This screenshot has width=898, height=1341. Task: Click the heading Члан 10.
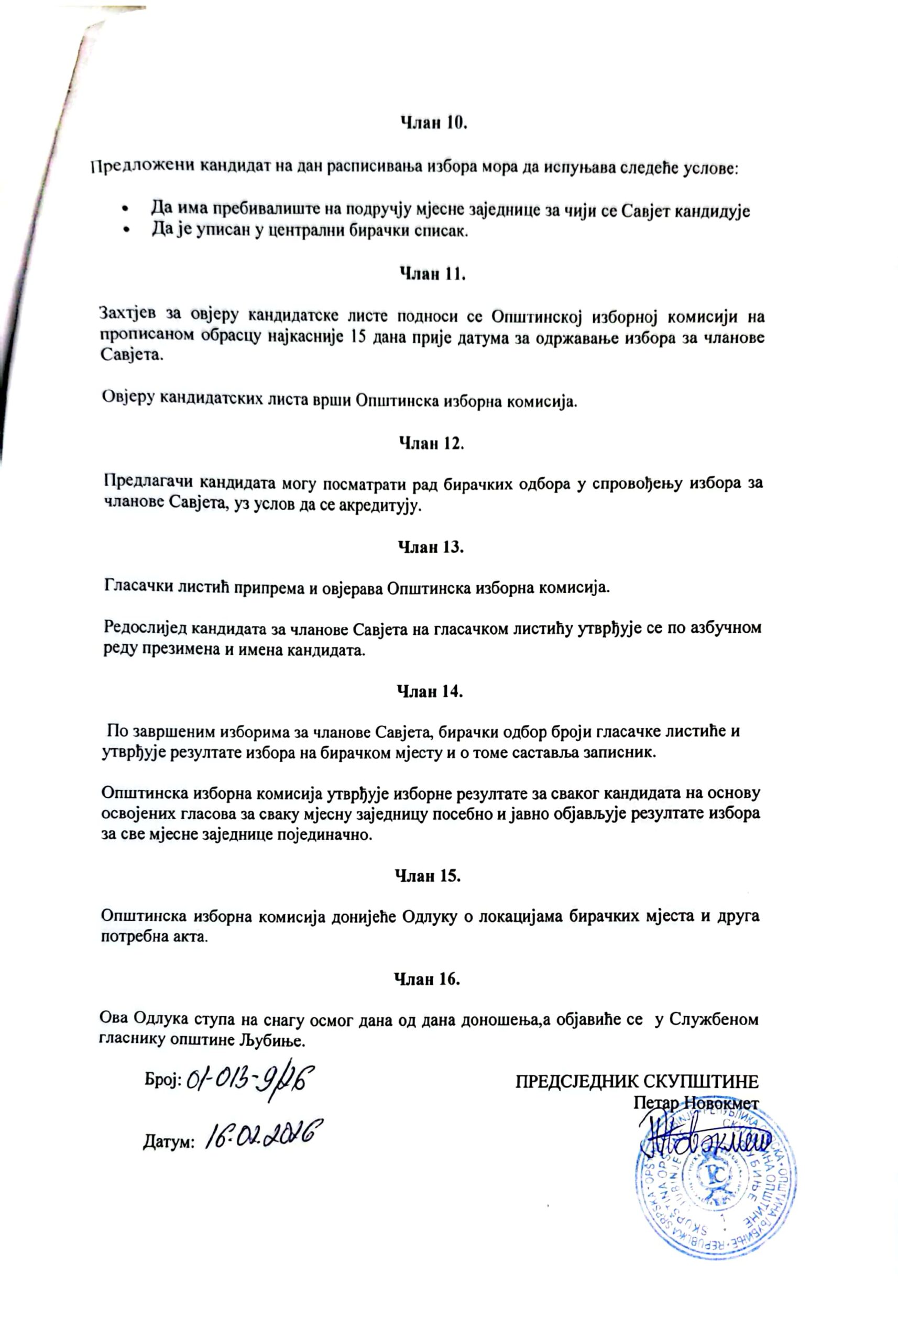pos(433,124)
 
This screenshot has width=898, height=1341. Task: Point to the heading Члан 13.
pos(431,547)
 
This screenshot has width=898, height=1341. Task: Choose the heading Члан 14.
pos(430,691)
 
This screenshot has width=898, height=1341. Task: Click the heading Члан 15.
pos(429,876)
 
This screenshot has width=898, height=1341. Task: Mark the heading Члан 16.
pos(427,979)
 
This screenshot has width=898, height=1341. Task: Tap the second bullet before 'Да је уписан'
pos(124,231)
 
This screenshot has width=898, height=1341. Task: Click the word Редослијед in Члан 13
pos(146,628)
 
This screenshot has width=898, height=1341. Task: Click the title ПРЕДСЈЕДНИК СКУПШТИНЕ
pos(637,1081)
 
